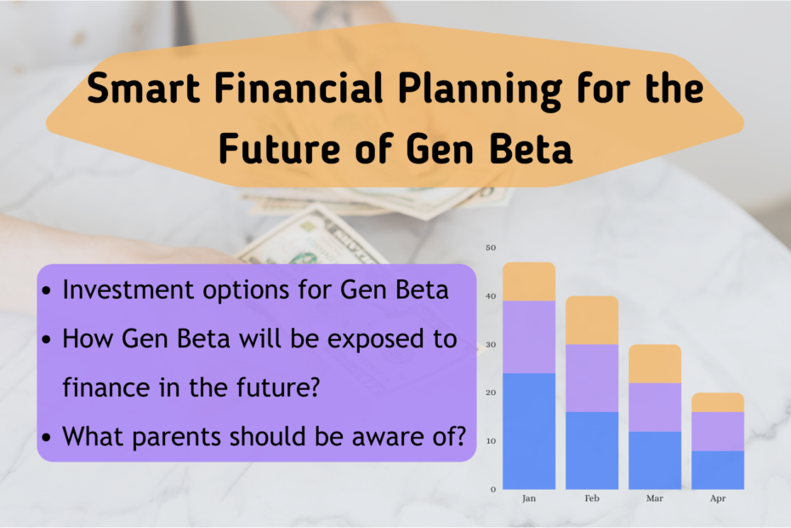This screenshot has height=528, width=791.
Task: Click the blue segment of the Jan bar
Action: [528, 431]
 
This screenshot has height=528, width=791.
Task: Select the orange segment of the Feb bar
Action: [592, 320]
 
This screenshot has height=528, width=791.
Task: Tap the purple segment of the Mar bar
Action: [655, 407]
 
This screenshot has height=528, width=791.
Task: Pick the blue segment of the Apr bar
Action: [718, 470]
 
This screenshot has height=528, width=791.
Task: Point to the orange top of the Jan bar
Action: [528, 281]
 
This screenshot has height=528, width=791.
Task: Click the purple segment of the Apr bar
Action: [718, 431]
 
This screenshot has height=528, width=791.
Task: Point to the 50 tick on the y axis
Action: [490, 248]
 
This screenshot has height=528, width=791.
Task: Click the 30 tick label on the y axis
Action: [490, 345]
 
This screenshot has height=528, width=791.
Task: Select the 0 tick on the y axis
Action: [492, 490]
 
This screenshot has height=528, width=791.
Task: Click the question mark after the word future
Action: [313, 387]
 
